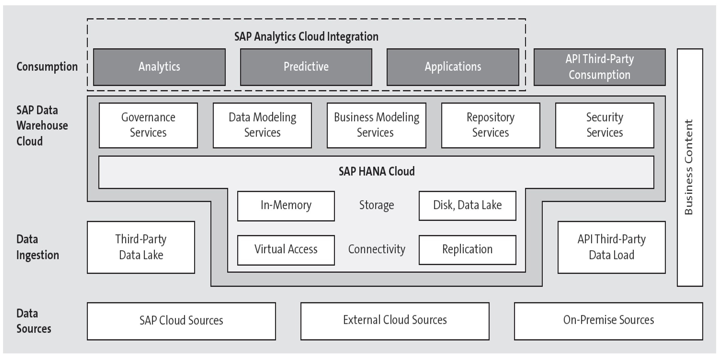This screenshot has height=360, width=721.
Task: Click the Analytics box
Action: tap(159, 67)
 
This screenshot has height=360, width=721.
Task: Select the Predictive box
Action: tap(306, 67)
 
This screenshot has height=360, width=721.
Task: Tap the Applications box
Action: tap(453, 67)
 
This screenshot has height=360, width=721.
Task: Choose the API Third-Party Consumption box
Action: tap(599, 67)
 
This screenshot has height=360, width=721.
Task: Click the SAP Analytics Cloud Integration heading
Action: tap(306, 37)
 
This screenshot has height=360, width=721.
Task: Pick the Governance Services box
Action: tap(148, 125)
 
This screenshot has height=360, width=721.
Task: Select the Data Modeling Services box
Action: tap(262, 125)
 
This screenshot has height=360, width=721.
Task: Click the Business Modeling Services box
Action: tap(376, 125)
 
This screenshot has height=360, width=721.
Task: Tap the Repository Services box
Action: tap(490, 125)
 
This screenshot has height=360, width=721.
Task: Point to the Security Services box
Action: tap(605, 125)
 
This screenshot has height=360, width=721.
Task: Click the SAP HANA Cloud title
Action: tap(376, 172)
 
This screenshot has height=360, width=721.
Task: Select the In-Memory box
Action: tap(286, 205)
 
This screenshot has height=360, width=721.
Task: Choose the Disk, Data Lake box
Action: tap(467, 205)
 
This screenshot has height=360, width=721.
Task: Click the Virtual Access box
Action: tap(286, 250)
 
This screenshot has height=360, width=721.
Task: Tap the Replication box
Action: tap(467, 250)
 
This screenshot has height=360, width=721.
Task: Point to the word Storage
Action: tap(376, 205)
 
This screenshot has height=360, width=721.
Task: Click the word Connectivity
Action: tap(376, 249)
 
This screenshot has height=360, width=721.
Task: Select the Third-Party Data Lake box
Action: tap(141, 247)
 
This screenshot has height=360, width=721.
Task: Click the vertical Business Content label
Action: tap(689, 167)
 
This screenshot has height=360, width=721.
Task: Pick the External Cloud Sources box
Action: tap(395, 320)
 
